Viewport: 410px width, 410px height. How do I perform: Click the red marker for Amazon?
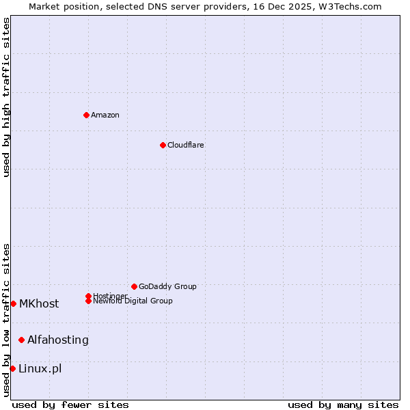pyautogui.click(x=86, y=115)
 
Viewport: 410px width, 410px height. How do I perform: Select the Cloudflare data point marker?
pyautogui.click(x=163, y=145)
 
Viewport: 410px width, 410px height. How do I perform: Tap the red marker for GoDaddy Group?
pyautogui.click(x=134, y=286)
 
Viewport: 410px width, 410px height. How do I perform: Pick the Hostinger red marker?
pyautogui.click(x=88, y=296)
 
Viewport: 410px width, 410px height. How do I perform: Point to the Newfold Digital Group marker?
pyautogui.click(x=88, y=301)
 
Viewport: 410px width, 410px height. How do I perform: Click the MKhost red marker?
pyautogui.click(x=13, y=303)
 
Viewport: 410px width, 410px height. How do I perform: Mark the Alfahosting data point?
pyautogui.click(x=21, y=340)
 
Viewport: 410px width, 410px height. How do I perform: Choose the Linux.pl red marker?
pyautogui.click(x=12, y=368)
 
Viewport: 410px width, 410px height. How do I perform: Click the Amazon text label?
pyautogui.click(x=105, y=115)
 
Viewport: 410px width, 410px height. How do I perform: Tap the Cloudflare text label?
pyautogui.click(x=186, y=145)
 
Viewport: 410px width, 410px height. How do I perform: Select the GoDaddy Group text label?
pyautogui.click(x=167, y=286)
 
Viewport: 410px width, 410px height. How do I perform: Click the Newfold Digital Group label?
pyautogui.click(x=133, y=301)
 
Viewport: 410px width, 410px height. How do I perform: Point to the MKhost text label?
pyautogui.click(x=39, y=303)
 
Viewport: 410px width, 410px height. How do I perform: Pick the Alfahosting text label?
pyautogui.click(x=58, y=340)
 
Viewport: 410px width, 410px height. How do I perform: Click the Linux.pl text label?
pyautogui.click(x=40, y=368)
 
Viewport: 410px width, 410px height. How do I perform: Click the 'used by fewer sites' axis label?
pyautogui.click(x=70, y=405)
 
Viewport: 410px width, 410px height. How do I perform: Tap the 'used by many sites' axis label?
pyautogui.click(x=343, y=405)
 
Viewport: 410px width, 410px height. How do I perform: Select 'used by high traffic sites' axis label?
pyautogui.click(x=6, y=97)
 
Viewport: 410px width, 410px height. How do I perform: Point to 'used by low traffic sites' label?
pyautogui.click(x=6, y=319)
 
